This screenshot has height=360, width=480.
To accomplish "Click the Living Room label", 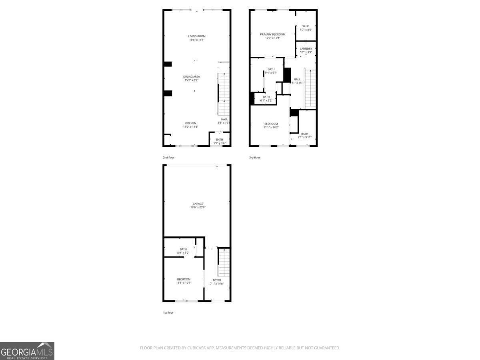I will pyautogui.click(x=197, y=38).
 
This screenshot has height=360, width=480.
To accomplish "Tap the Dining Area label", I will pyautogui.click(x=192, y=78).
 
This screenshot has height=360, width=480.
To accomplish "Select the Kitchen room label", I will pyautogui.click(x=190, y=125).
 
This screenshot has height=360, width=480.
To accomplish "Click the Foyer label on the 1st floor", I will pyautogui.click(x=217, y=282).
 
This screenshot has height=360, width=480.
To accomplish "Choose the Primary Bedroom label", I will pyautogui.click(x=273, y=36).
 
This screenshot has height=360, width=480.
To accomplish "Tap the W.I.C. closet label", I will pyautogui.click(x=306, y=28).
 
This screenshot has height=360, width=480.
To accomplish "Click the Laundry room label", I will pyautogui.click(x=306, y=50).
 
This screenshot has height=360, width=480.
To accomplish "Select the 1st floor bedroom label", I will pyautogui.click(x=184, y=281).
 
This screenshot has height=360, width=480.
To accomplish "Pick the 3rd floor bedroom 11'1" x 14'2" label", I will pyautogui.click(x=271, y=125).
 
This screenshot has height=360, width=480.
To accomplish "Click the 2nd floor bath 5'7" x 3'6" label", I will pyautogui.click(x=220, y=141).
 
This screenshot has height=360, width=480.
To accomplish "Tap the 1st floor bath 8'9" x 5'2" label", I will pyautogui.click(x=183, y=251).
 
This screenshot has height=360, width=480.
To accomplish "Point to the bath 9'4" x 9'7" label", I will pyautogui.click(x=271, y=71).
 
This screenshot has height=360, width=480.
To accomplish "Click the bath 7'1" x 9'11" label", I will pyautogui.click(x=305, y=135).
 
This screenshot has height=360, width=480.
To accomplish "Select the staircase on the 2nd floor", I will pyautogui.click(x=224, y=94).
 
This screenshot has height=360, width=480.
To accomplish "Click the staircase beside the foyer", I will pyautogui.click(x=224, y=262).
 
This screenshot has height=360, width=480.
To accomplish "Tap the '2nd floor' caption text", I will pyautogui.click(x=168, y=158).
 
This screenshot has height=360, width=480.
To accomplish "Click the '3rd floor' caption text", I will pyautogui.click(x=254, y=158).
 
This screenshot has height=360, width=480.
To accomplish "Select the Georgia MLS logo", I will pyautogui.click(x=27, y=351).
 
